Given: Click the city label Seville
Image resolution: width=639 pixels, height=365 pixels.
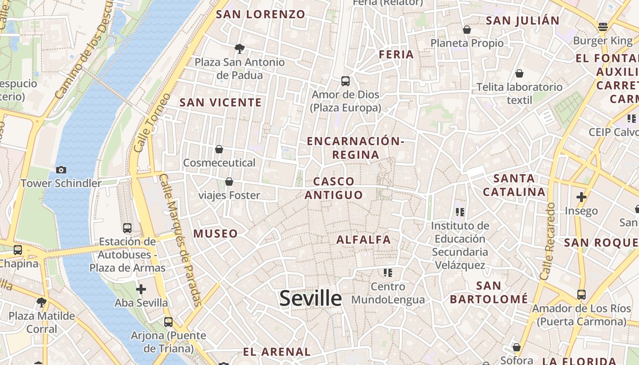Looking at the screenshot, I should click(310, 298).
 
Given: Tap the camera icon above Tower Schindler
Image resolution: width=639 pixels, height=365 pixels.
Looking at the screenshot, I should click(61, 170).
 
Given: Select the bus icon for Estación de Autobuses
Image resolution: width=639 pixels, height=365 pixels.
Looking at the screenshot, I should click(127, 228).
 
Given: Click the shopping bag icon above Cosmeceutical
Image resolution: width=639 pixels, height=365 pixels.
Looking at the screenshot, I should click(219, 149).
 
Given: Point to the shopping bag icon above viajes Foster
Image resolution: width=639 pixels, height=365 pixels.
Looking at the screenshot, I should click(229, 182).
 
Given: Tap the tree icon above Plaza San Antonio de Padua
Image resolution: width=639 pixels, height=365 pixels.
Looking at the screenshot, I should click(239, 48).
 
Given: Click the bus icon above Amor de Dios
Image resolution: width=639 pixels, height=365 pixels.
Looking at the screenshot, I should click(346, 81).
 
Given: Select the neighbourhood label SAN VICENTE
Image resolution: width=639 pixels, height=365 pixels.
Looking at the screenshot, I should click(220, 102).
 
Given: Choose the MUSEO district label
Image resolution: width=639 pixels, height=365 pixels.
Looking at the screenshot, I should click(215, 234).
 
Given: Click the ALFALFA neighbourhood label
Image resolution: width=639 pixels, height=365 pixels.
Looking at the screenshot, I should click(364, 240).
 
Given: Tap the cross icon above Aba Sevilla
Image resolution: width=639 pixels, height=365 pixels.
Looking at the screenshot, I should click(141, 289).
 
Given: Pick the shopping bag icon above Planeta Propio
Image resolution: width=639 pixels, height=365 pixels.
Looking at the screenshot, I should click(467, 30).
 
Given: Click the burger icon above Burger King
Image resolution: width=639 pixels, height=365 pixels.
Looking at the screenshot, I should click(603, 26).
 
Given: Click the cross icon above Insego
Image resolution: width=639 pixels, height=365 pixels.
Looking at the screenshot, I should click(581, 197).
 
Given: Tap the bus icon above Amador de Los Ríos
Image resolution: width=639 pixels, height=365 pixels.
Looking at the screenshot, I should click(581, 295).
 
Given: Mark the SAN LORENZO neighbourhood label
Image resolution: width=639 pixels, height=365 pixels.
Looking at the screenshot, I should click(260, 14).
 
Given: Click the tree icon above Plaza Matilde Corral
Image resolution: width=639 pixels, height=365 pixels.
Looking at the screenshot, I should click(42, 302).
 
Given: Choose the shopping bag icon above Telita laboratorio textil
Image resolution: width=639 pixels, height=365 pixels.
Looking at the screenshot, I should click(519, 73).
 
